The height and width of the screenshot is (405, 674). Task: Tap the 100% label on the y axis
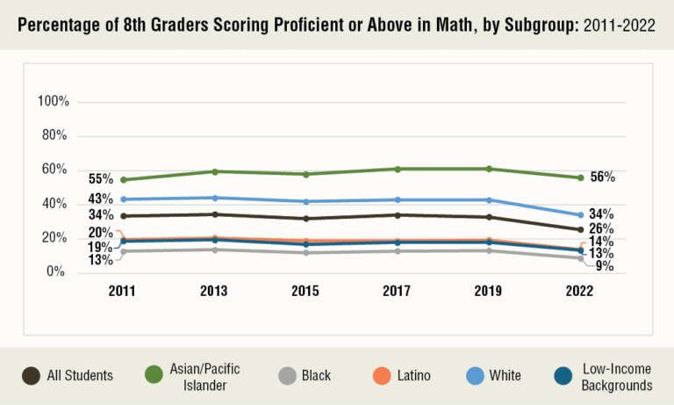(x=54, y=102)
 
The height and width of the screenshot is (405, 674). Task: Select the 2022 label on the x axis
(x=579, y=292)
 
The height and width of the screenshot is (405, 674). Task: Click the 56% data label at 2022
(x=602, y=177)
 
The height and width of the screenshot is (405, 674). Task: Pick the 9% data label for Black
(x=604, y=265)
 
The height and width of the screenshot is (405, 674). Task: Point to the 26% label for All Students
(x=601, y=229)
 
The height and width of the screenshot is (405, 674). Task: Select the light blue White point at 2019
(x=488, y=199)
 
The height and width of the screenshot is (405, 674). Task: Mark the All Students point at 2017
(x=398, y=215)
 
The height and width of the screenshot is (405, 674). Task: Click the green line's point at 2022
(x=579, y=177)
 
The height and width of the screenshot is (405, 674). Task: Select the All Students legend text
(x=80, y=376)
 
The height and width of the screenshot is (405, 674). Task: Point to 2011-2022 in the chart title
(x=619, y=24)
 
